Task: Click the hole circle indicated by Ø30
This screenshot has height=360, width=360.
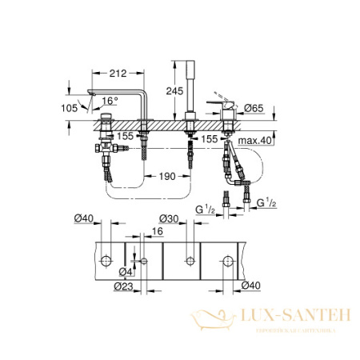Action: point(189,261)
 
